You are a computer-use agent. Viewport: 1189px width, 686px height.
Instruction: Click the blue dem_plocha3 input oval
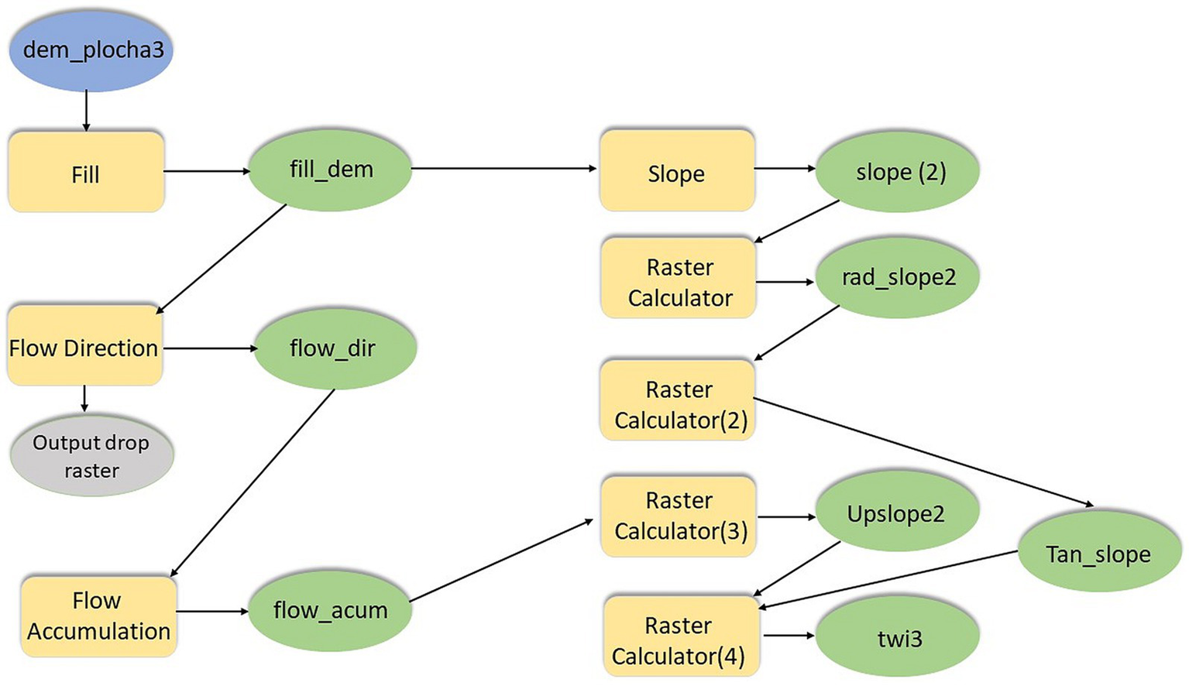tap(91, 50)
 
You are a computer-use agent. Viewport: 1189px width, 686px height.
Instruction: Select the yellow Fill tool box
tap(86, 172)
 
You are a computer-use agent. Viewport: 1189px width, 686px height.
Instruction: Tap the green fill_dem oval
tap(330, 170)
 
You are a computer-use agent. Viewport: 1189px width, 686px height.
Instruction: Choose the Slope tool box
tap(677, 171)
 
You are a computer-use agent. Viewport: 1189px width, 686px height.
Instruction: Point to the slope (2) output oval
tap(899, 171)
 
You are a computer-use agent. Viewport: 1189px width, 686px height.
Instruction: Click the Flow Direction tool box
tap(84, 346)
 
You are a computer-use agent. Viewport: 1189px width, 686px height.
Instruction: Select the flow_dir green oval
tap(335, 348)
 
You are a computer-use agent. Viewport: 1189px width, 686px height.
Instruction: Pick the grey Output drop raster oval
tap(91, 455)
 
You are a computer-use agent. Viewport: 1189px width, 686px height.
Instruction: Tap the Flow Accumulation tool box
tap(98, 616)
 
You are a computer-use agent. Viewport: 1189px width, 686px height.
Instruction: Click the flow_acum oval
tap(330, 611)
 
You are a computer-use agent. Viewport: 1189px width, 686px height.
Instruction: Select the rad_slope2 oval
tap(899, 277)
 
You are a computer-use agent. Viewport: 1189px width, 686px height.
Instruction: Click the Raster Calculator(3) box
tap(679, 516)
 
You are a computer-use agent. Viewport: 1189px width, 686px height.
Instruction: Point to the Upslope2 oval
tap(897, 514)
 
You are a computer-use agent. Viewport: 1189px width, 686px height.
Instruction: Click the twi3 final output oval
tap(899, 638)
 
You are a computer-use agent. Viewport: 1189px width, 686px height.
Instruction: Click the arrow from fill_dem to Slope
tap(503, 168)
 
